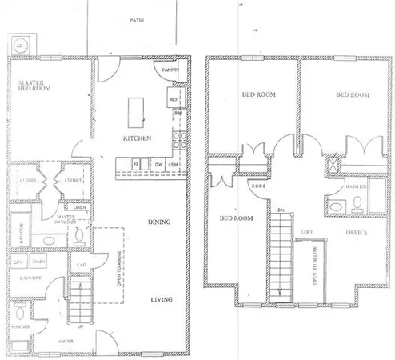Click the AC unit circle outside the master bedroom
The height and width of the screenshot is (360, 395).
(20, 45)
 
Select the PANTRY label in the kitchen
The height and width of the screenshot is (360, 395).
(170, 70)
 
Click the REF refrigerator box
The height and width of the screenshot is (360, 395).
(173, 99)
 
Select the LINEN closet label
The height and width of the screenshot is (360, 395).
(80, 207)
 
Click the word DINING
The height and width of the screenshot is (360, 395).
(162, 222)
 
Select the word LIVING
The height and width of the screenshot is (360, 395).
(162, 301)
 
